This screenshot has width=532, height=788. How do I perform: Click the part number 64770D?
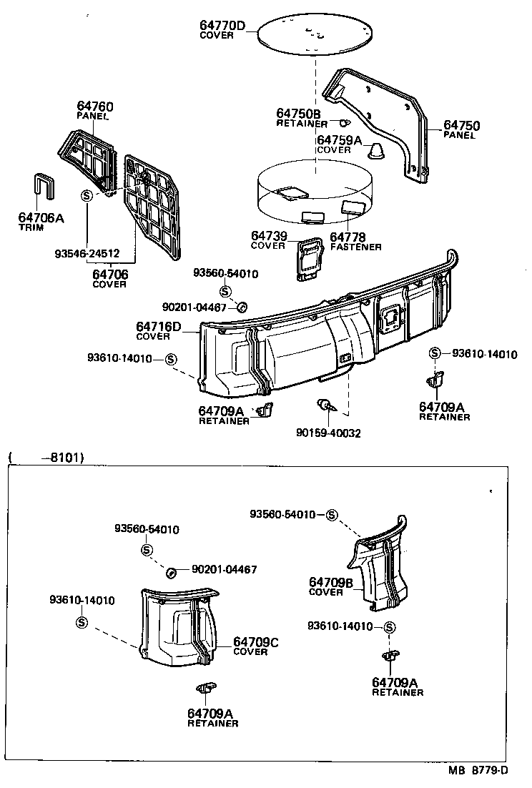222,26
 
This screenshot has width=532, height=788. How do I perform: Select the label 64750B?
298,114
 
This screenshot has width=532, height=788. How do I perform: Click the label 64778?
348,237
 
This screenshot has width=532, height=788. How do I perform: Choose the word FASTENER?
355,247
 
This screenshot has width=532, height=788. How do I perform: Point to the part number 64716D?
158,327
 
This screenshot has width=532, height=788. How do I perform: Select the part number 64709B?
331,583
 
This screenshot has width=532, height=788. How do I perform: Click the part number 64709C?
255,642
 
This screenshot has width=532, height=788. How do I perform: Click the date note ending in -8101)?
46,456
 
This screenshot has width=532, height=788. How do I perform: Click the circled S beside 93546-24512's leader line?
87,196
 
